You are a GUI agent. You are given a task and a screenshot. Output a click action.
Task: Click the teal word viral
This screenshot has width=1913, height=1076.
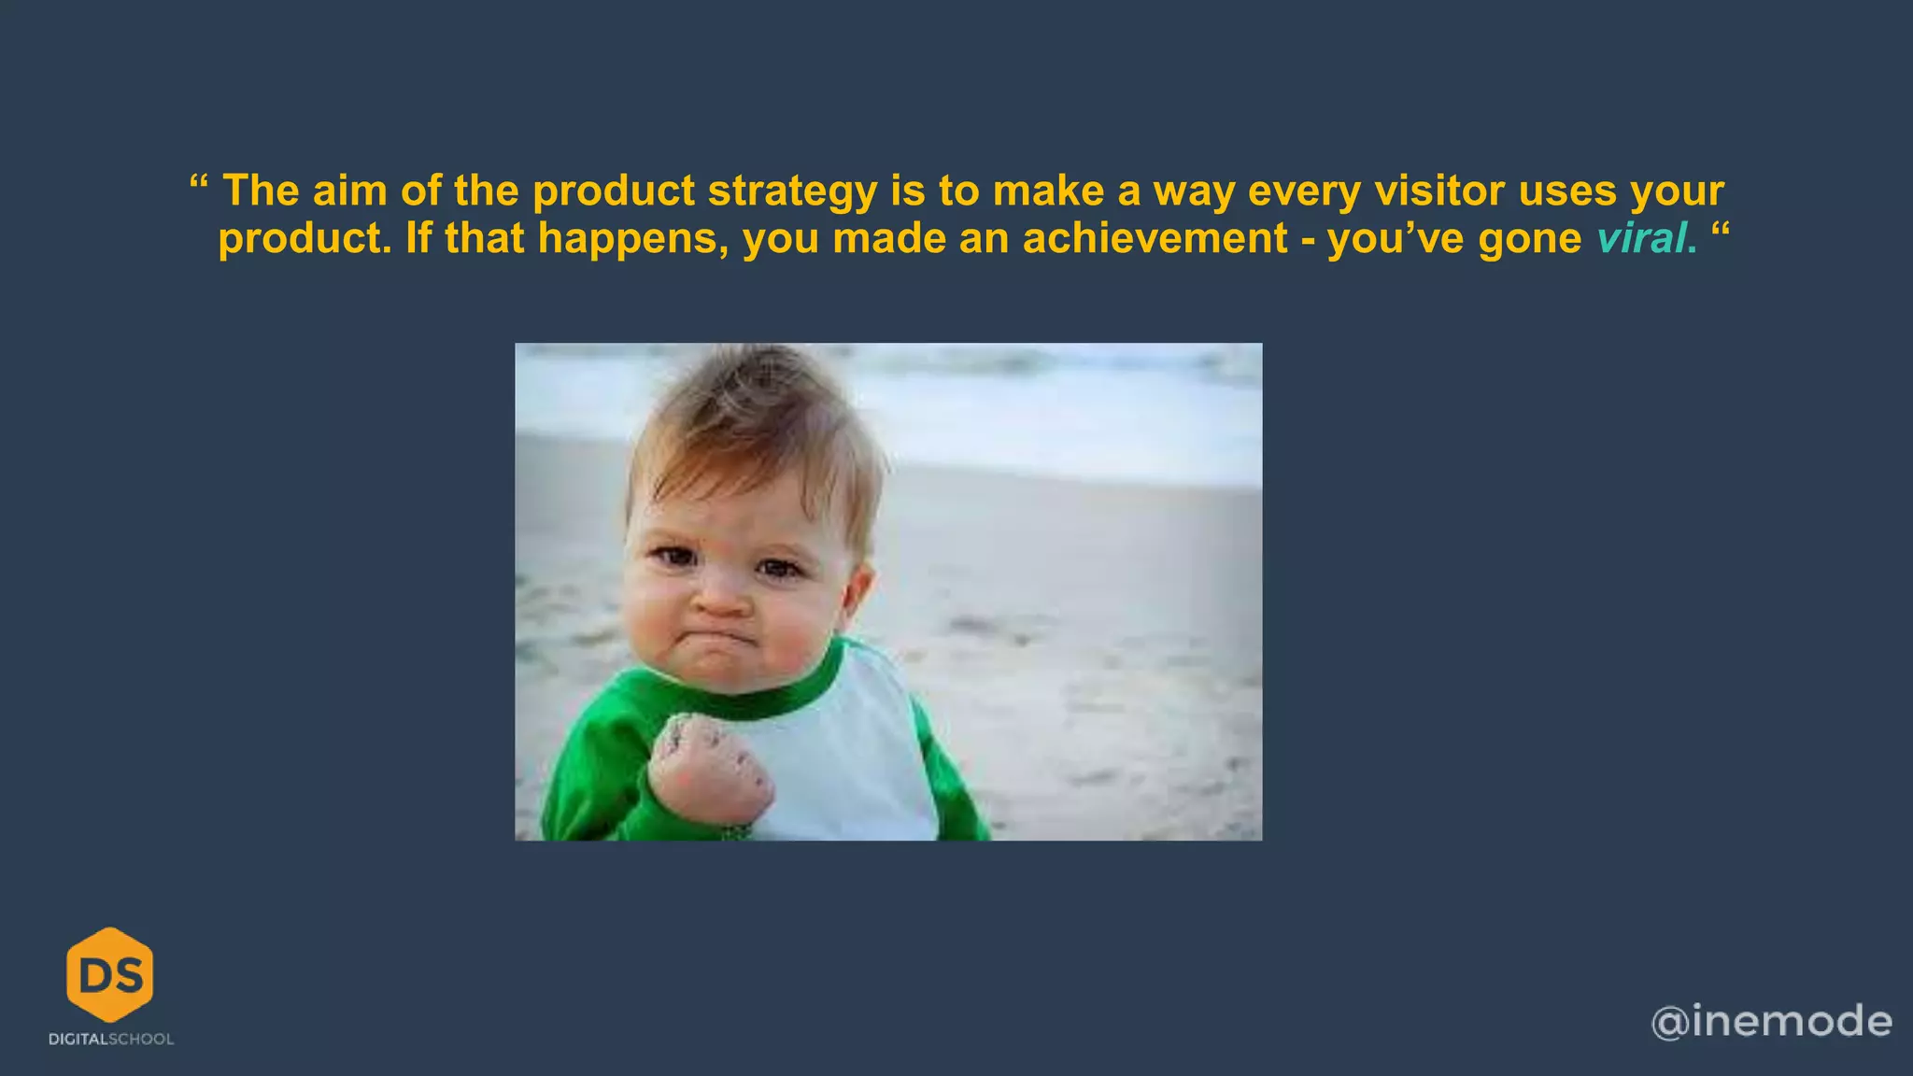[1641, 238]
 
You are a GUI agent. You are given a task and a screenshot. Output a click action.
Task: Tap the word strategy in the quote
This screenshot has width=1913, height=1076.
[792, 192]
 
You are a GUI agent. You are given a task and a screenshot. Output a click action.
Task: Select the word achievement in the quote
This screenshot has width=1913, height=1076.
[1155, 238]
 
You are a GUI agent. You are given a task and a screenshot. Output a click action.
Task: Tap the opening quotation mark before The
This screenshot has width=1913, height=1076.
[198, 181]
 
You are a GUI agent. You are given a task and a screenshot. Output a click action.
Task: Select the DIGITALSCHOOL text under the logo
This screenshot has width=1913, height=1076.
[111, 1039]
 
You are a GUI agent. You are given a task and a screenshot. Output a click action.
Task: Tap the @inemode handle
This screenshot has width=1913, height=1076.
[1771, 1021]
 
